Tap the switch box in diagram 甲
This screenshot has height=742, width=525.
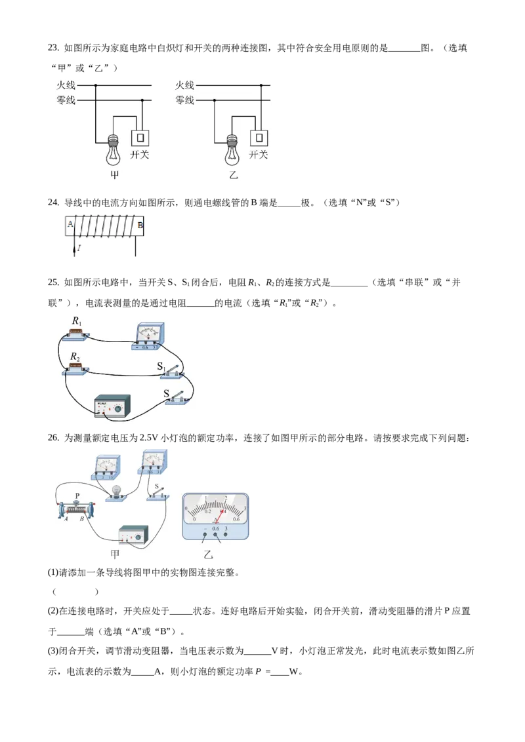click(x=140, y=138)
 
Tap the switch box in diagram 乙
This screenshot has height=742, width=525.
click(x=259, y=138)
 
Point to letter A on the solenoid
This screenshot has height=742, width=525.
click(x=70, y=224)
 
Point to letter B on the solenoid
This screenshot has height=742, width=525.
click(x=140, y=225)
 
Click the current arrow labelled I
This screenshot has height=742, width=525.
click(x=74, y=249)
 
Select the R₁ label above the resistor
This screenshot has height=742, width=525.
click(x=77, y=321)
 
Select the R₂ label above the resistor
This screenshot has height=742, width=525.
click(x=75, y=357)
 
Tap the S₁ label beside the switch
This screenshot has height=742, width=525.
click(x=161, y=366)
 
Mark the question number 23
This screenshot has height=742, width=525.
click(x=53, y=47)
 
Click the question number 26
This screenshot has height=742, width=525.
click(x=53, y=438)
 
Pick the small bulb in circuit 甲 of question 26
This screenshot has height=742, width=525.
click(x=115, y=492)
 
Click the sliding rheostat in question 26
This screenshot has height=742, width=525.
click(x=76, y=510)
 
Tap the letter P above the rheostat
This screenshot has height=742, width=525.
click(x=77, y=496)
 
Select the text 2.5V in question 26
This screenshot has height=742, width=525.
click(x=148, y=438)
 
